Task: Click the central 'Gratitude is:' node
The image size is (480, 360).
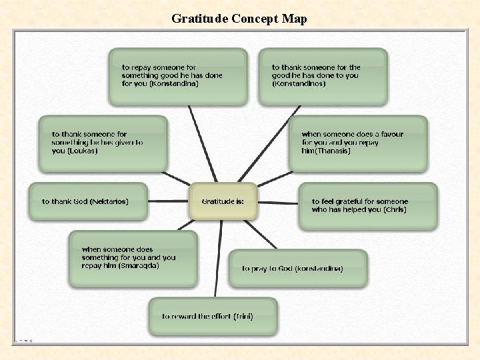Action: (223, 201)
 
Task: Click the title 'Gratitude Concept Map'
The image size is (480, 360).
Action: (239, 19)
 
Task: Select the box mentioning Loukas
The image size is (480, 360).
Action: (103, 142)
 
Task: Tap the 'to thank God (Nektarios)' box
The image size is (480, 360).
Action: (87, 201)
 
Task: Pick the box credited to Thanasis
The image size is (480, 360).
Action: (359, 143)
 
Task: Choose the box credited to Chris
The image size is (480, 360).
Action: (367, 206)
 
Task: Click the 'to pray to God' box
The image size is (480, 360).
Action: (297, 269)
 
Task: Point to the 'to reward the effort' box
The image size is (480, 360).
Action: (213, 316)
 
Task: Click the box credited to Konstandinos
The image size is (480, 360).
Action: (323, 76)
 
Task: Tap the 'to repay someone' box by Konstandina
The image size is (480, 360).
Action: (177, 76)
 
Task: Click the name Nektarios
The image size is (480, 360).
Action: (107, 201)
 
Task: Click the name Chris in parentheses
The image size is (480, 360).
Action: (395, 210)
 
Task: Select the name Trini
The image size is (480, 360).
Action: (243, 316)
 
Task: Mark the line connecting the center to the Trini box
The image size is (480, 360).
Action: (217, 260)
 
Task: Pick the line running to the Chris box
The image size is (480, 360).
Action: (277, 201)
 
